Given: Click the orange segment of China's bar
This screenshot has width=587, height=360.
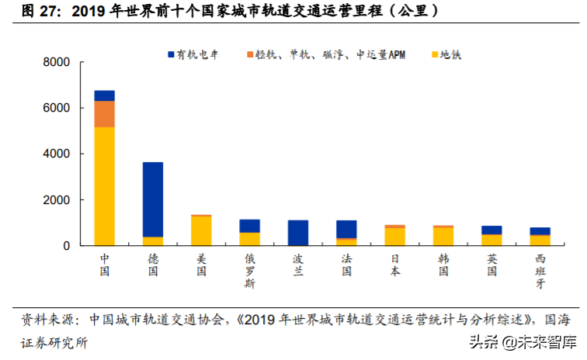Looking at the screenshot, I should pos(104,114).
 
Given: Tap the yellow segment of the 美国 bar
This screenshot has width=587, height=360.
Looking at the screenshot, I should pos(201,230).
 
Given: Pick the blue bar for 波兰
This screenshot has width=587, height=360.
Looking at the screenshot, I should pos(298,233).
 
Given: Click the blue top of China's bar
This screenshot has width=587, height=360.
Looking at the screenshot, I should pos(104,95).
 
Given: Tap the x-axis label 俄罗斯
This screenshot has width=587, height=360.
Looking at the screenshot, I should pos(250,271).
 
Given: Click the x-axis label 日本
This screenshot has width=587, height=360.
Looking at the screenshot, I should pos(395,265).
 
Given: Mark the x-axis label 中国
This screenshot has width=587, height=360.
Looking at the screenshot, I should pos(104,265).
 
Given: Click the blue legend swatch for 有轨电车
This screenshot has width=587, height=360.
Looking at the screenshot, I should pos(170,55).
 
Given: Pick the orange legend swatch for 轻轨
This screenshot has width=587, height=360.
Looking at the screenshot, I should pos(250,55).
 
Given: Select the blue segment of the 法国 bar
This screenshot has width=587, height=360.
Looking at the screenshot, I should pos(347,229).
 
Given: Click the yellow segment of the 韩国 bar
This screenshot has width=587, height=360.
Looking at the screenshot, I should pos(443,236).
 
